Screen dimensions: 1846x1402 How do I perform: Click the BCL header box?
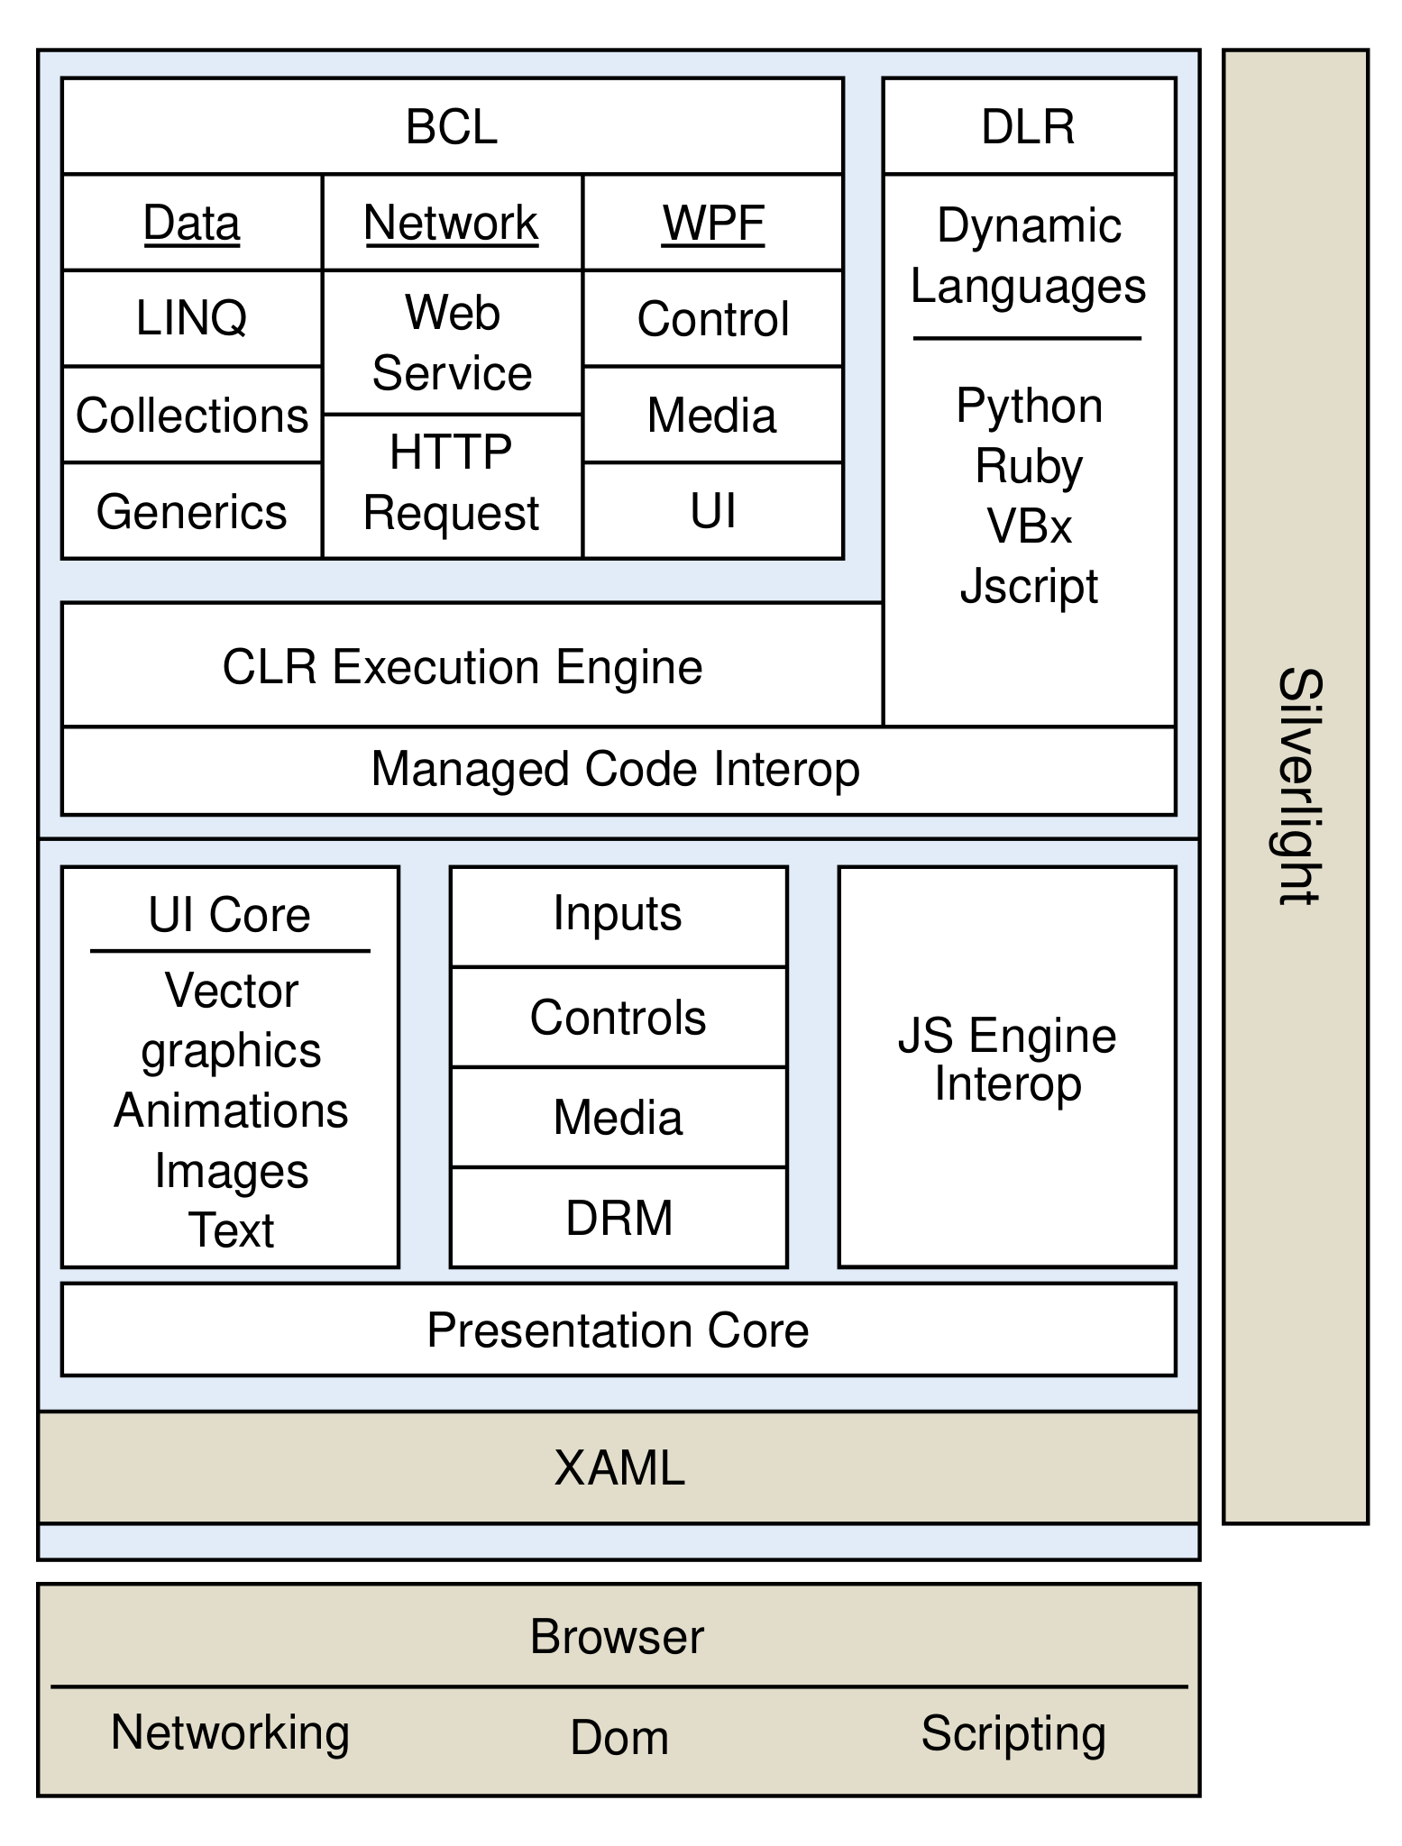click(x=452, y=126)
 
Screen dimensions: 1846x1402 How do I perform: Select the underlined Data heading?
click(x=192, y=223)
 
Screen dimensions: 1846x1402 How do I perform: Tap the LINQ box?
click(x=192, y=318)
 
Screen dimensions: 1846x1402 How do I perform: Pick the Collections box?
click(x=192, y=415)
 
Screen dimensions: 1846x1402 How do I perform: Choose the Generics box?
click(x=192, y=511)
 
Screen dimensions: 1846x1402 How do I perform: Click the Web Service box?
click(x=452, y=343)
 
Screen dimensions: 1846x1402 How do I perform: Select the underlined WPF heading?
click(x=713, y=223)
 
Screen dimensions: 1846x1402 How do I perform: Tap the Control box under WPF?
click(x=713, y=318)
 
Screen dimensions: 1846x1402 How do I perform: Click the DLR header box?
click(x=1029, y=126)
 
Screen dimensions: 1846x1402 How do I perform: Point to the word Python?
click(x=1029, y=406)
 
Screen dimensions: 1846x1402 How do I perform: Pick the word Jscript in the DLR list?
click(x=1029, y=587)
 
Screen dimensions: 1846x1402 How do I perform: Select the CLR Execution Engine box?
click(x=463, y=667)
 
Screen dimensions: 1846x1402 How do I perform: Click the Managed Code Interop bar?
click(x=617, y=770)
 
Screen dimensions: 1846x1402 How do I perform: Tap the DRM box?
click(x=619, y=1218)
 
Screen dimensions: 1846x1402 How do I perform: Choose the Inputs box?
click(x=619, y=914)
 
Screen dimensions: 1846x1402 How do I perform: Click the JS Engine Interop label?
click(x=1007, y=1060)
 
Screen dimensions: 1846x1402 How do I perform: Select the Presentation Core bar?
click(x=619, y=1330)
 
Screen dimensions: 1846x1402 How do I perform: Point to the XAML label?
click(x=619, y=1467)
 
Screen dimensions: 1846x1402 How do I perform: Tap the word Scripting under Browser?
click(x=1013, y=1732)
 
